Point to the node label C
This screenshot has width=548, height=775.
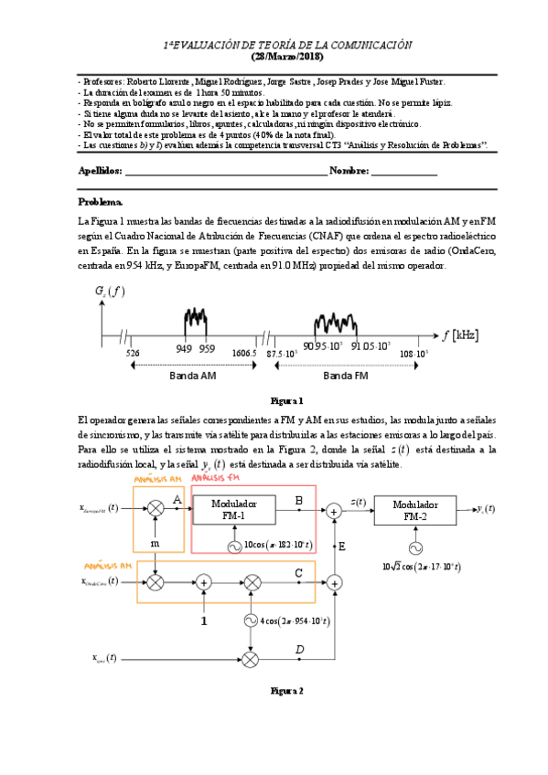[x=298, y=572]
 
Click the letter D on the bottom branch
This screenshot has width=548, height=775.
[x=298, y=649]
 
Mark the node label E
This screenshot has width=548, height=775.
[x=341, y=546]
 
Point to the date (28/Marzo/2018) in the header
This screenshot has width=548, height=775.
[x=287, y=57]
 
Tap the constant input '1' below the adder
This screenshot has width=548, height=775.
[x=203, y=621]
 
